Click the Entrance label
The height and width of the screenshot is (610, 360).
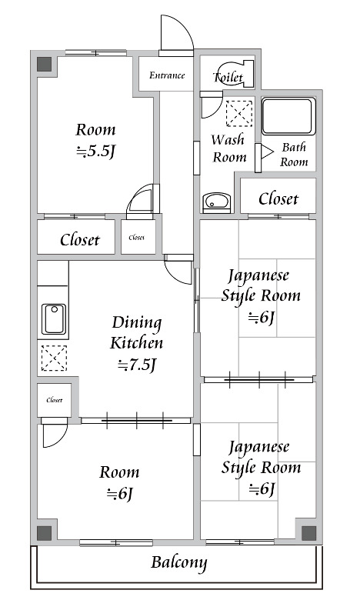[167, 75]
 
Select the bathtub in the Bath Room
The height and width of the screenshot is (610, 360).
[288, 116]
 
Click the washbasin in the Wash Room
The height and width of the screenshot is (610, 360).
[217, 202]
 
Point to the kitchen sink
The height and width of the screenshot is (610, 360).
[53, 319]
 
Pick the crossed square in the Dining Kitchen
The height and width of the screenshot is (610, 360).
[53, 358]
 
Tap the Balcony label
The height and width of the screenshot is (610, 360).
[178, 562]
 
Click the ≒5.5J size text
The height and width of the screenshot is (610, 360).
[95, 152]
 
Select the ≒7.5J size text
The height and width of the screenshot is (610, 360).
[137, 365]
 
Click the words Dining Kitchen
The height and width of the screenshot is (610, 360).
[137, 332]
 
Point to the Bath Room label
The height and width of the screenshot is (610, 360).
[293, 155]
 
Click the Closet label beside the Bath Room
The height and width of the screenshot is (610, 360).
[278, 198]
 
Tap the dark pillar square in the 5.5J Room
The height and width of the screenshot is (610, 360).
[45, 64]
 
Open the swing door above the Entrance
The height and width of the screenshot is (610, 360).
[175, 35]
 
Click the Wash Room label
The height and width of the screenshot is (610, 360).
[228, 148]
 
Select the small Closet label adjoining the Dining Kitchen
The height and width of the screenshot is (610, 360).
[54, 400]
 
